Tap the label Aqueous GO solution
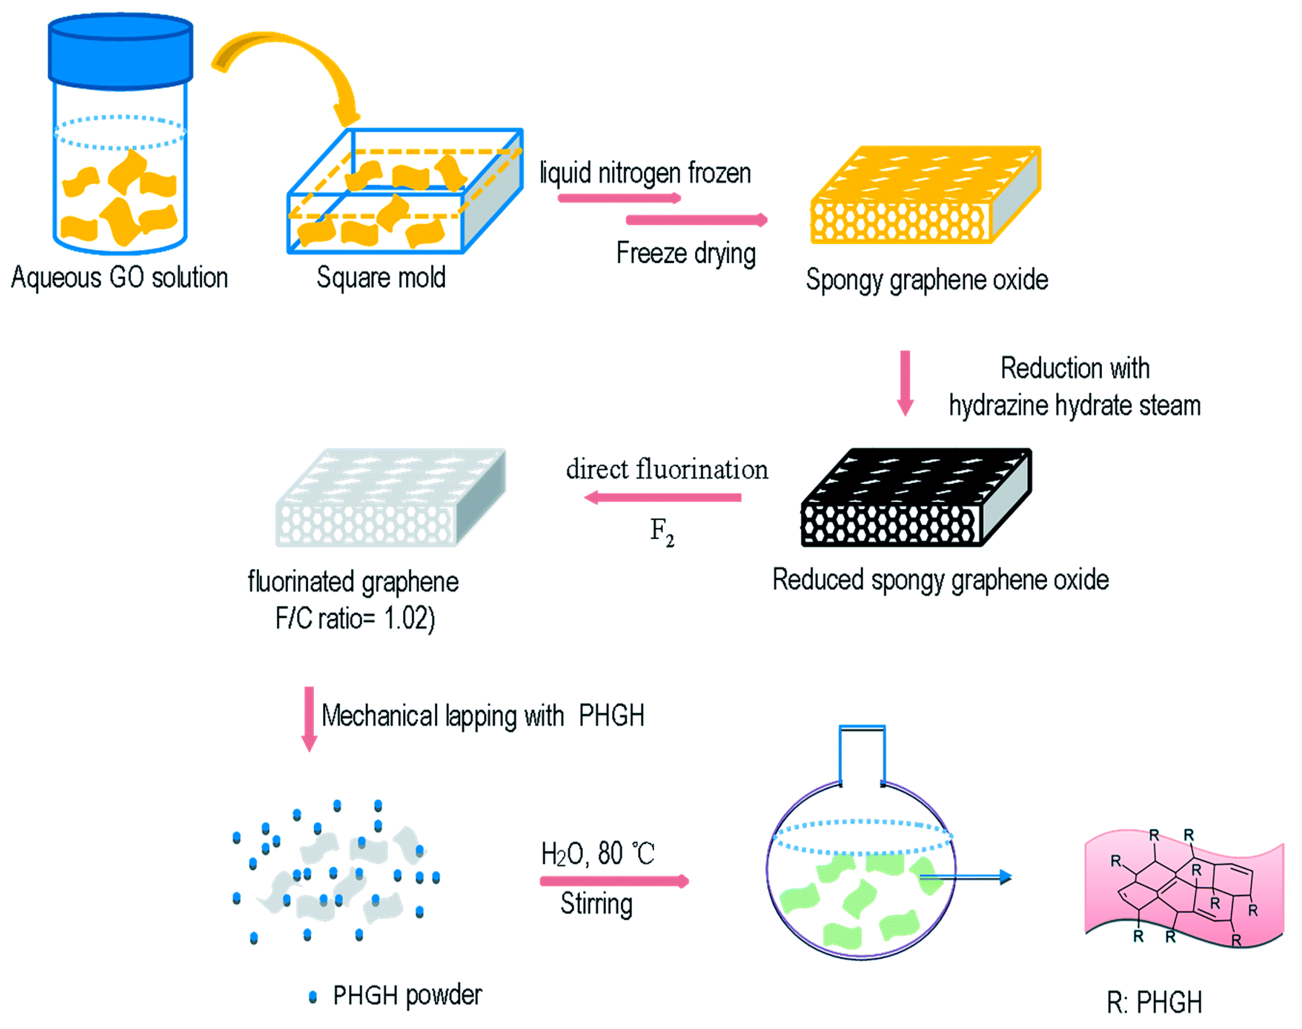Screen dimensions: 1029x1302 pos(119,278)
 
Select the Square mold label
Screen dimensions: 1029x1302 pos(381,278)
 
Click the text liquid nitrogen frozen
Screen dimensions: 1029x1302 pos(645,173)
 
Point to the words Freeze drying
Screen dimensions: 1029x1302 pos(685,253)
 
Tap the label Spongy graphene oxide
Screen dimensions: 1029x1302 pos(926,280)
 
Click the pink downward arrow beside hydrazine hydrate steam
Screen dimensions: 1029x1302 pos(905,383)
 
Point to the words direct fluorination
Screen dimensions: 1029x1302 pos(666,469)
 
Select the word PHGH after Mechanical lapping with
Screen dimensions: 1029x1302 pos(611,716)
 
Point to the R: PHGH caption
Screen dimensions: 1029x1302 pos(1154,1002)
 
